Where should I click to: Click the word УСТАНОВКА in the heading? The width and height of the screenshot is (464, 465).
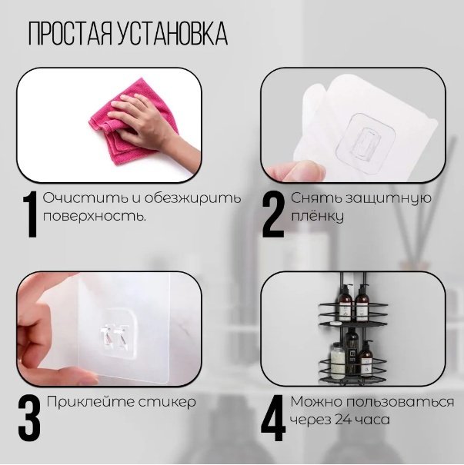pos(170,35)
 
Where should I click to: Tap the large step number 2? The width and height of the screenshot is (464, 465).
pos(274,215)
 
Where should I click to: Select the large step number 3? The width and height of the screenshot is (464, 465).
pos(29,419)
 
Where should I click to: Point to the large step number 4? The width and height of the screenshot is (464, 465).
pos(274,419)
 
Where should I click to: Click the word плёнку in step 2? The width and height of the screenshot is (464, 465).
pos(317,217)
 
